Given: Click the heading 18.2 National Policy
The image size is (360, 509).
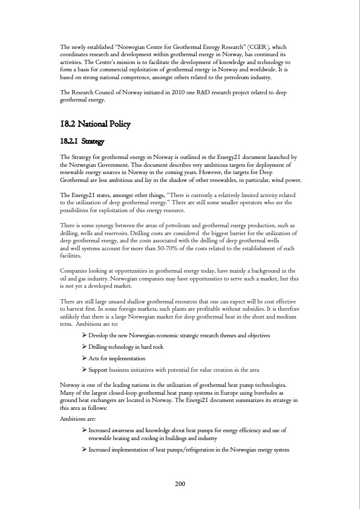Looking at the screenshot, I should (x=96, y=125).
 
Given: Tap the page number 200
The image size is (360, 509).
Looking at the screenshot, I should (x=180, y=484).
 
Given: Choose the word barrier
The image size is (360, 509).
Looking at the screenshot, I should (x=233, y=232).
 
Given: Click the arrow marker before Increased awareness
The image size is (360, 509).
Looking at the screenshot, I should (x=84, y=430).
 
